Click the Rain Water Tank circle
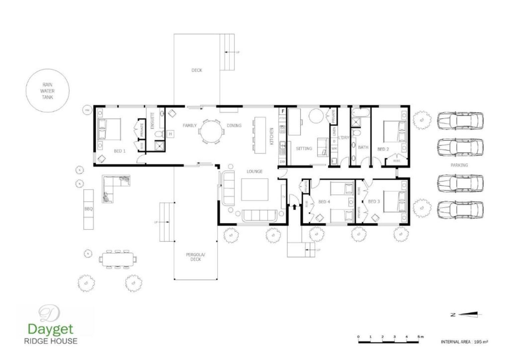pyautogui.click(x=47, y=91)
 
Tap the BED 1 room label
pyautogui.click(x=120, y=151)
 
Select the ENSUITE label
pyautogui.click(x=152, y=121)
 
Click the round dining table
pyautogui.click(x=211, y=131)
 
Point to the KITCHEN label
pyautogui.click(x=271, y=136)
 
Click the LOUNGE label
pyautogui.click(x=254, y=171)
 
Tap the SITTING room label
pyautogui.click(x=304, y=149)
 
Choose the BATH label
pyautogui.click(x=363, y=147)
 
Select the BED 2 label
pyautogui.click(x=383, y=149)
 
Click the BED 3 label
pyautogui.click(x=374, y=201)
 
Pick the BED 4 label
pyautogui.click(x=324, y=202)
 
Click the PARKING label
pyautogui.click(x=459, y=165)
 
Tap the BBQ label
pyautogui.click(x=88, y=209)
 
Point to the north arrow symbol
pyautogui.click(x=466, y=314)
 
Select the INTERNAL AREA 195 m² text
pyautogui.click(x=464, y=342)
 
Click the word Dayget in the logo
pyautogui.click(x=50, y=329)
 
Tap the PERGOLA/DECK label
pyautogui.click(x=196, y=257)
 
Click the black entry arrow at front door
pyautogui.click(x=294, y=207)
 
